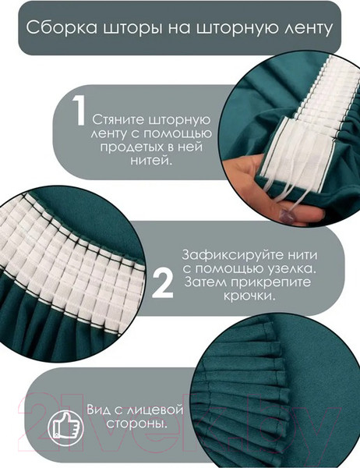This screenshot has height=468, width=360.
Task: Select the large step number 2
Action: point(161,283)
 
